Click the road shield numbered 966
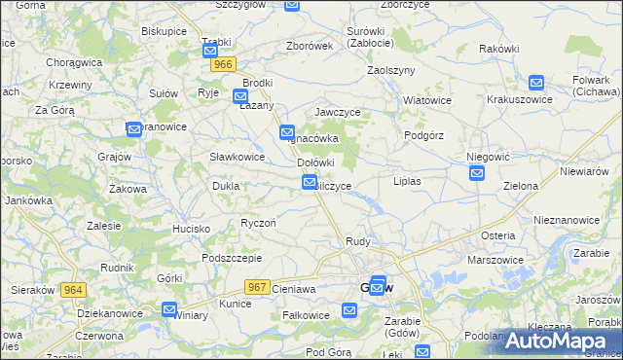224,64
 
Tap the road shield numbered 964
73,290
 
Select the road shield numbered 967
257,286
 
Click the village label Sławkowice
238,156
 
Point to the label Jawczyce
338,112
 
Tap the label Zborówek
311,46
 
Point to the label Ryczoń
258,223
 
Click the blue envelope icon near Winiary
169,310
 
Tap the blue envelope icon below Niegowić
477,173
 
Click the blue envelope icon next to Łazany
240,96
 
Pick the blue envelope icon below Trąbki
210,47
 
